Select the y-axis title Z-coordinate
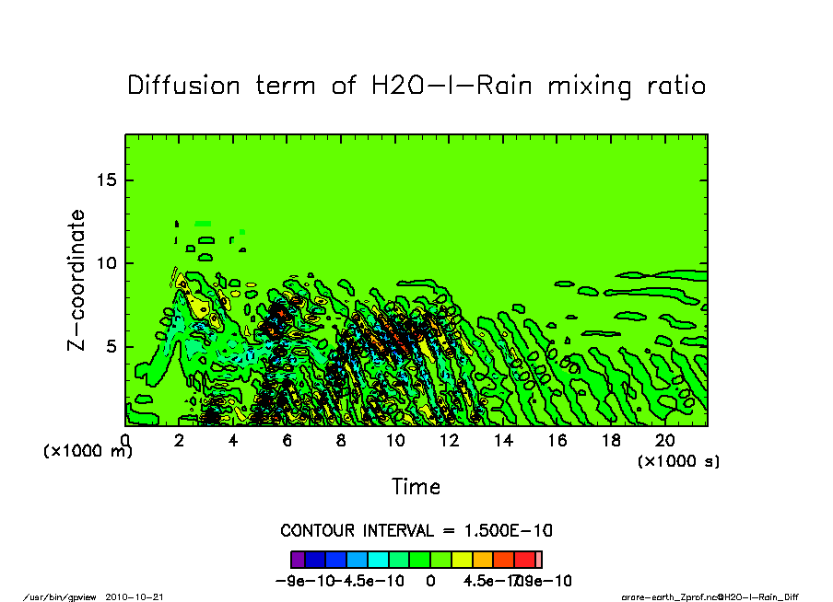77,280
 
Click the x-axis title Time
416,486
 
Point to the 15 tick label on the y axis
109,179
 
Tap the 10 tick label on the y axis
109,263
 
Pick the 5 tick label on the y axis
113,347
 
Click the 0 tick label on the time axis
125,441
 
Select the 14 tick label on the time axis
503,441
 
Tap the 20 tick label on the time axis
665,441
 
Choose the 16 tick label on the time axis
557,441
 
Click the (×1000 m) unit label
88,452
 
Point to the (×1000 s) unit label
679,460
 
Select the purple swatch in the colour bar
298,559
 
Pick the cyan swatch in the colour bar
379,559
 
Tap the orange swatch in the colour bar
483,559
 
